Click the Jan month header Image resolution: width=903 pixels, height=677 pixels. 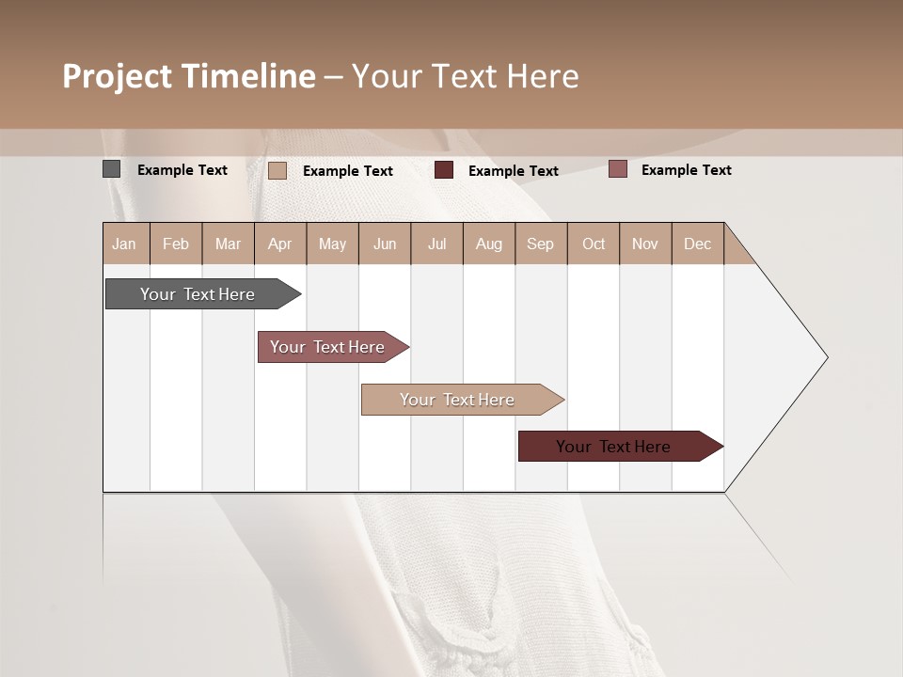(x=124, y=244)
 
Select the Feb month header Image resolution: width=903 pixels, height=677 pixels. (x=176, y=244)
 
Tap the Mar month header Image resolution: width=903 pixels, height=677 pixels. (x=228, y=244)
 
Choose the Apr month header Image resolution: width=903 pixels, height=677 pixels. (x=279, y=244)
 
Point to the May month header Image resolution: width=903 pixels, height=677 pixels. (x=332, y=244)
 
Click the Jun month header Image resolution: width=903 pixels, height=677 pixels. (x=385, y=244)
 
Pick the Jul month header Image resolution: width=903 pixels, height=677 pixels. (x=436, y=244)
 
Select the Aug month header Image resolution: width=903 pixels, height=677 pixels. (x=488, y=244)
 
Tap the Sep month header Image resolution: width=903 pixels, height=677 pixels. (x=540, y=244)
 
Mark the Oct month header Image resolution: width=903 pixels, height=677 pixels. (x=594, y=244)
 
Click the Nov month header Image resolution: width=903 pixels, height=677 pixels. (x=645, y=244)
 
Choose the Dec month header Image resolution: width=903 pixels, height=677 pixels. (x=697, y=244)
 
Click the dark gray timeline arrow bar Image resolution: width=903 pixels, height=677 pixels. (x=198, y=294)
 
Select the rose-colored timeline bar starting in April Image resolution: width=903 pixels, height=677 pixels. (x=327, y=347)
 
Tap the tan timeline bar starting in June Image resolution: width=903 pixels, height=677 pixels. (x=457, y=400)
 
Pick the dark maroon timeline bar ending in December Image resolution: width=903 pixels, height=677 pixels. (x=613, y=447)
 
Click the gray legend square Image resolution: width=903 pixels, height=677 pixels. (x=112, y=169)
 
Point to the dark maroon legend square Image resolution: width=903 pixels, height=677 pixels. (x=444, y=170)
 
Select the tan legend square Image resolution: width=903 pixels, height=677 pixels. (x=277, y=170)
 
